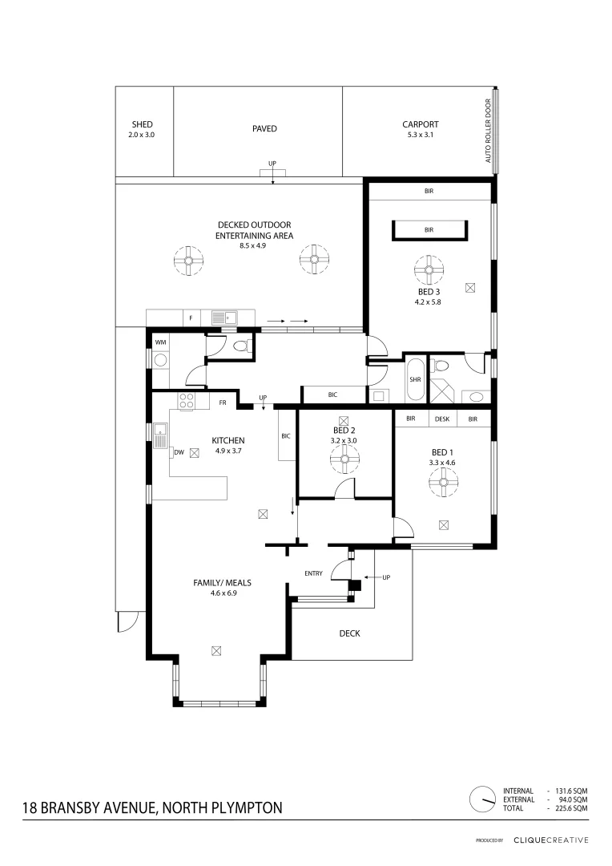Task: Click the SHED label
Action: click(142, 124)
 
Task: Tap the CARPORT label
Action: click(421, 124)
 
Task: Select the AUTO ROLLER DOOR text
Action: click(487, 132)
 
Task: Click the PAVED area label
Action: click(264, 128)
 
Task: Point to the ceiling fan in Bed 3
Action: click(429, 267)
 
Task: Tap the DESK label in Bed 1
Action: click(442, 419)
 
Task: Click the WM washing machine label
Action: click(160, 342)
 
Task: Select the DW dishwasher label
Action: click(179, 452)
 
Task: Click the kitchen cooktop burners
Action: click(187, 402)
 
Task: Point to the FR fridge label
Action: click(222, 403)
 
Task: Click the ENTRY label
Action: click(313, 573)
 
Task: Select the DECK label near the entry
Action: click(349, 633)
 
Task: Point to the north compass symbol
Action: click(483, 799)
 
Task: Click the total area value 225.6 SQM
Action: click(570, 808)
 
